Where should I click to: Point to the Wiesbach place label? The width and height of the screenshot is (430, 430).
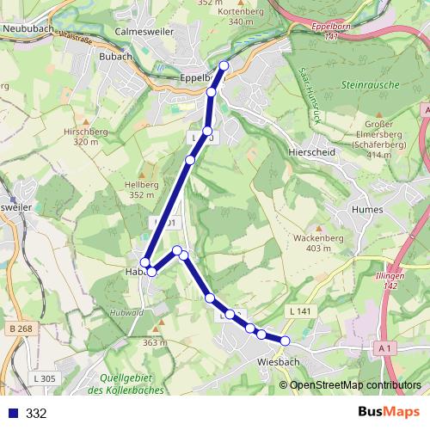click(x=278, y=362)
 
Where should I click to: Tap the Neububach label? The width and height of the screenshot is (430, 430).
click(x=28, y=28)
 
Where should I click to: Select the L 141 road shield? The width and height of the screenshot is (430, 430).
click(x=300, y=310)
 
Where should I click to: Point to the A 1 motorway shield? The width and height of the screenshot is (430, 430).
click(x=384, y=347)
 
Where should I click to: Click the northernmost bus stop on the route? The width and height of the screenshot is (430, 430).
click(x=224, y=66)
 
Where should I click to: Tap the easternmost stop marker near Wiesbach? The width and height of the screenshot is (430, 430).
click(x=286, y=341)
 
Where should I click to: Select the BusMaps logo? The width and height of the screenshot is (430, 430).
click(x=386, y=413)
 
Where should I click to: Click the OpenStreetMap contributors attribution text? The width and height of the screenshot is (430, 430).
click(x=355, y=385)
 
